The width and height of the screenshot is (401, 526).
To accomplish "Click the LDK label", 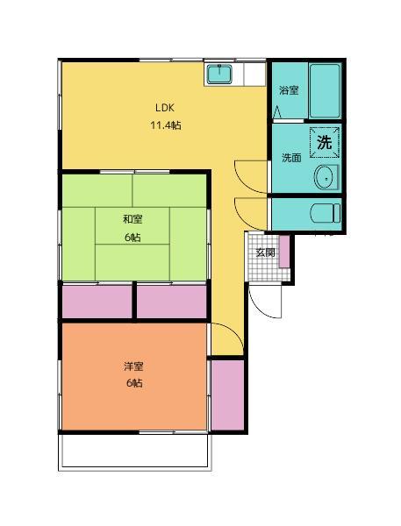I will pyautogui.click(x=165, y=107).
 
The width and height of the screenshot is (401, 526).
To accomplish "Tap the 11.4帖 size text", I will pyautogui.click(x=165, y=124).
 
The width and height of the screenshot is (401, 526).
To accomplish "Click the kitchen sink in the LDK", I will pyautogui.click(x=218, y=75).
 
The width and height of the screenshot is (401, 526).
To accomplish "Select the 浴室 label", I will pyautogui.click(x=289, y=90).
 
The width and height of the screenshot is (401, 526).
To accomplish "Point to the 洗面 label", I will pyautogui.click(x=291, y=159).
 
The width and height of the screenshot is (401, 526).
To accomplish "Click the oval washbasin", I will pyautogui.click(x=326, y=176).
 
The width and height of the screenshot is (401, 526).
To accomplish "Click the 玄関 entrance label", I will pyautogui.click(x=265, y=252).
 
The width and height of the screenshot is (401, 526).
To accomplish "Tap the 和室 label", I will pyautogui.click(x=132, y=220).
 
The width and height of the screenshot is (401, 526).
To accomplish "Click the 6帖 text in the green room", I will pyautogui.click(x=132, y=238).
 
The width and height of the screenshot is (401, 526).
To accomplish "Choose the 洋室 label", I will pyautogui.click(x=133, y=366).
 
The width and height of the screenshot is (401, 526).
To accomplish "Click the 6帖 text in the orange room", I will pyautogui.click(x=133, y=384).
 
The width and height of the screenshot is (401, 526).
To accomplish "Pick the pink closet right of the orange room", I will pyautogui.click(x=226, y=394).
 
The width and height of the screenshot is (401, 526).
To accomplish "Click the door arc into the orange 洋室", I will pyautogui.click(x=223, y=338).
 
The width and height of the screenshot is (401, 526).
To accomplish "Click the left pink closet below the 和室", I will pyautogui.click(x=96, y=302).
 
